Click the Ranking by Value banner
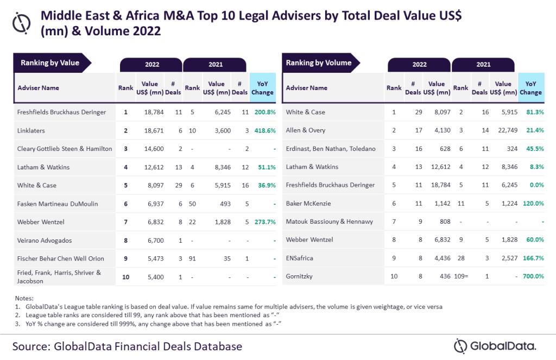pos(50,63)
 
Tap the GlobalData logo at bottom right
pos(495,346)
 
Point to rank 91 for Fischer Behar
pos(192,258)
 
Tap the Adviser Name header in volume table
pos(307,87)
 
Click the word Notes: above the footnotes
pos(24,299)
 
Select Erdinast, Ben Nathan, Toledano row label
pos(331,148)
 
